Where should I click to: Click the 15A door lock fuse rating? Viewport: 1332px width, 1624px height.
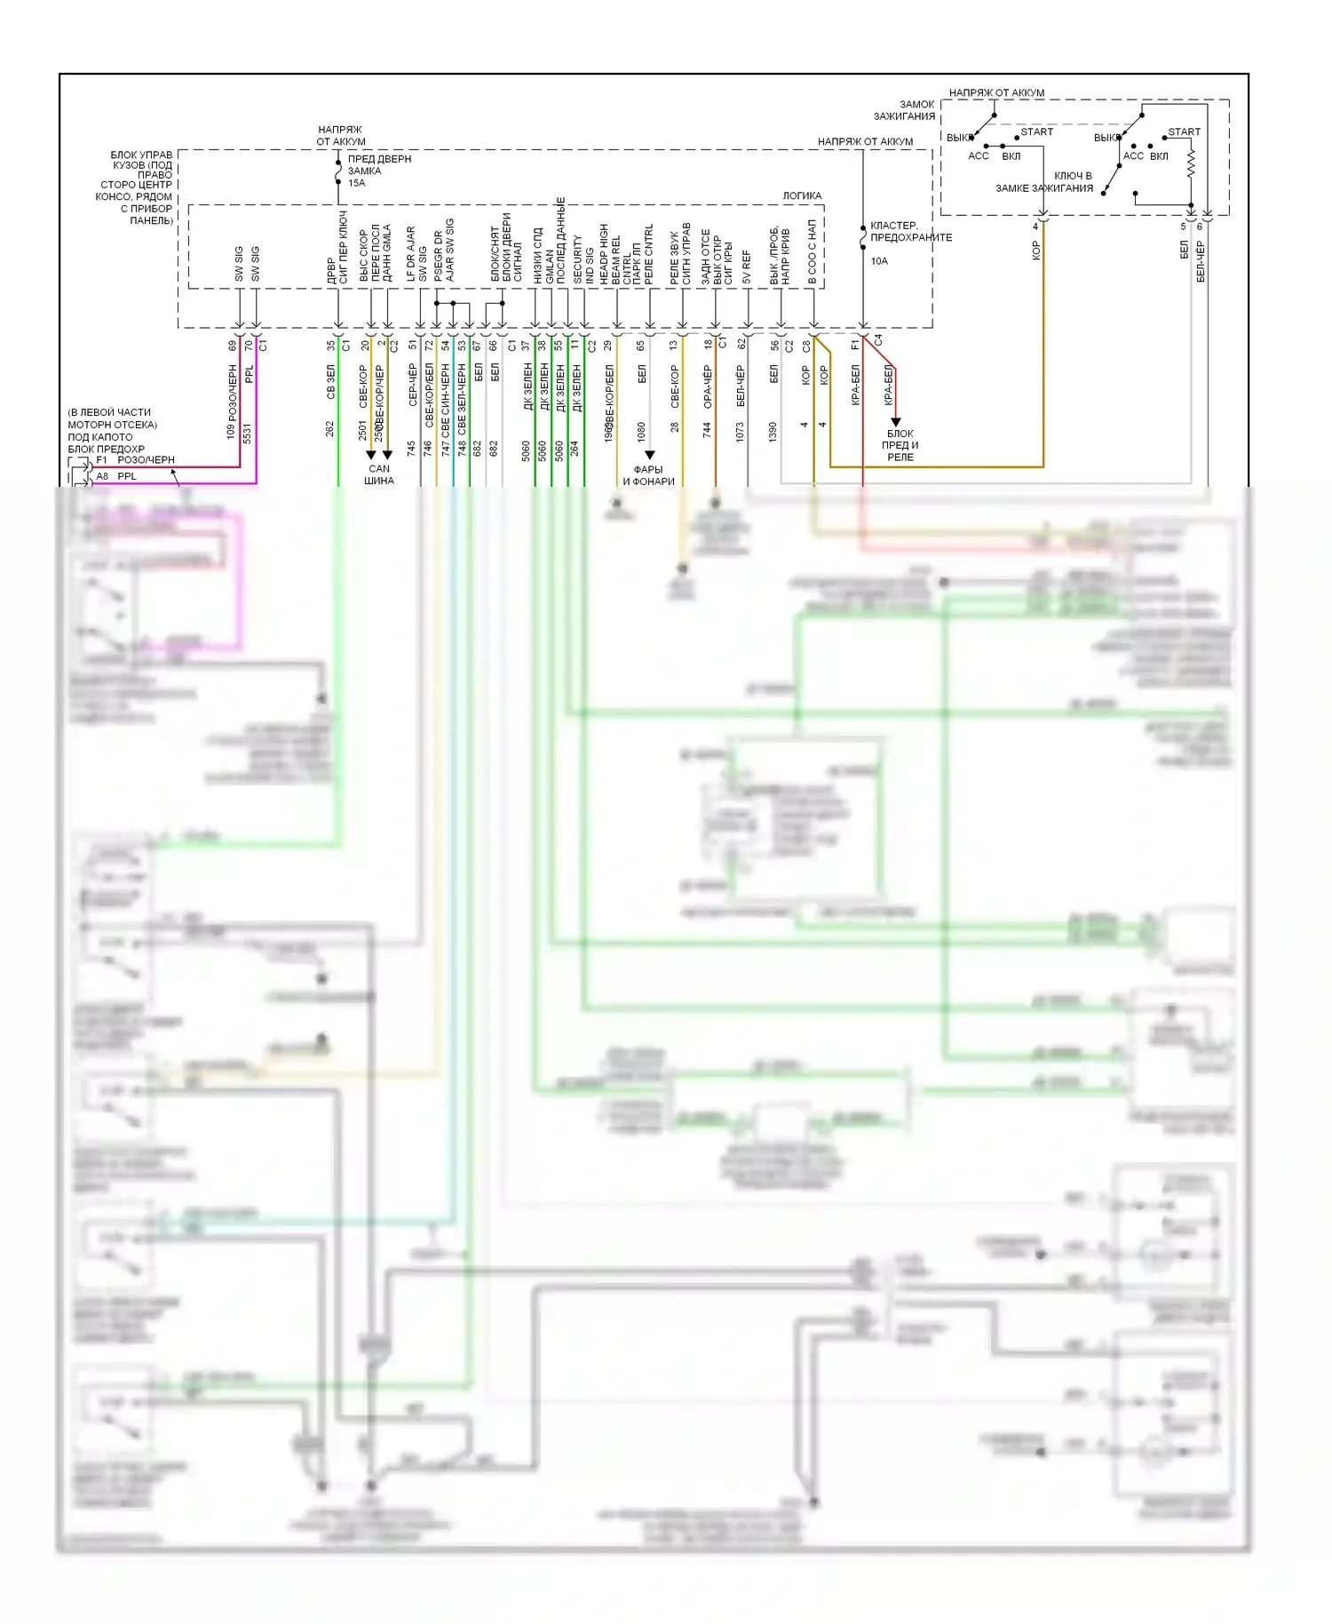(x=356, y=183)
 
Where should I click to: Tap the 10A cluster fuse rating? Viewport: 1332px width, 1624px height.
(x=878, y=261)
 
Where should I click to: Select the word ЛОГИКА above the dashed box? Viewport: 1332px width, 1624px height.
(x=802, y=195)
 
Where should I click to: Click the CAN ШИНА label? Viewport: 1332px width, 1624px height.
(x=379, y=474)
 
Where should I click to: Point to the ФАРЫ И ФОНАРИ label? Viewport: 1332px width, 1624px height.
(x=648, y=475)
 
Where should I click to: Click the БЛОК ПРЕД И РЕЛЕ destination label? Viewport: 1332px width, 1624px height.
(x=900, y=445)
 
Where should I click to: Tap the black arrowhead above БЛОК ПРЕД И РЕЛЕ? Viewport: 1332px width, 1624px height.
(x=895, y=422)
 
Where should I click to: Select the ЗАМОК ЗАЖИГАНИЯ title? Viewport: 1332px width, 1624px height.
(x=905, y=110)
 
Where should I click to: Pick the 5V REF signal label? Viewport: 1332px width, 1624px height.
(x=747, y=266)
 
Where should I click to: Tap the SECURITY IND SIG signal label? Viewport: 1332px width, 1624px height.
(x=583, y=259)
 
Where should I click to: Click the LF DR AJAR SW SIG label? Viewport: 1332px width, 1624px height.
(x=416, y=254)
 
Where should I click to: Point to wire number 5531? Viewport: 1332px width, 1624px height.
(x=247, y=433)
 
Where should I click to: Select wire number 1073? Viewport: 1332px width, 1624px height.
(x=740, y=433)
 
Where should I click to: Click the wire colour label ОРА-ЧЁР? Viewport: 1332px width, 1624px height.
(x=707, y=386)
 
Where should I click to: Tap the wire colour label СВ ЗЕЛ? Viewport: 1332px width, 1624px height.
(x=330, y=381)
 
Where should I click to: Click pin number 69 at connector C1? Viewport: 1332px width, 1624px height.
(x=233, y=346)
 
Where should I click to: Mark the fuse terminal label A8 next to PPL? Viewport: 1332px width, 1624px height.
(x=102, y=476)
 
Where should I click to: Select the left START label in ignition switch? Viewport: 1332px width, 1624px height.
(x=1036, y=131)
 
